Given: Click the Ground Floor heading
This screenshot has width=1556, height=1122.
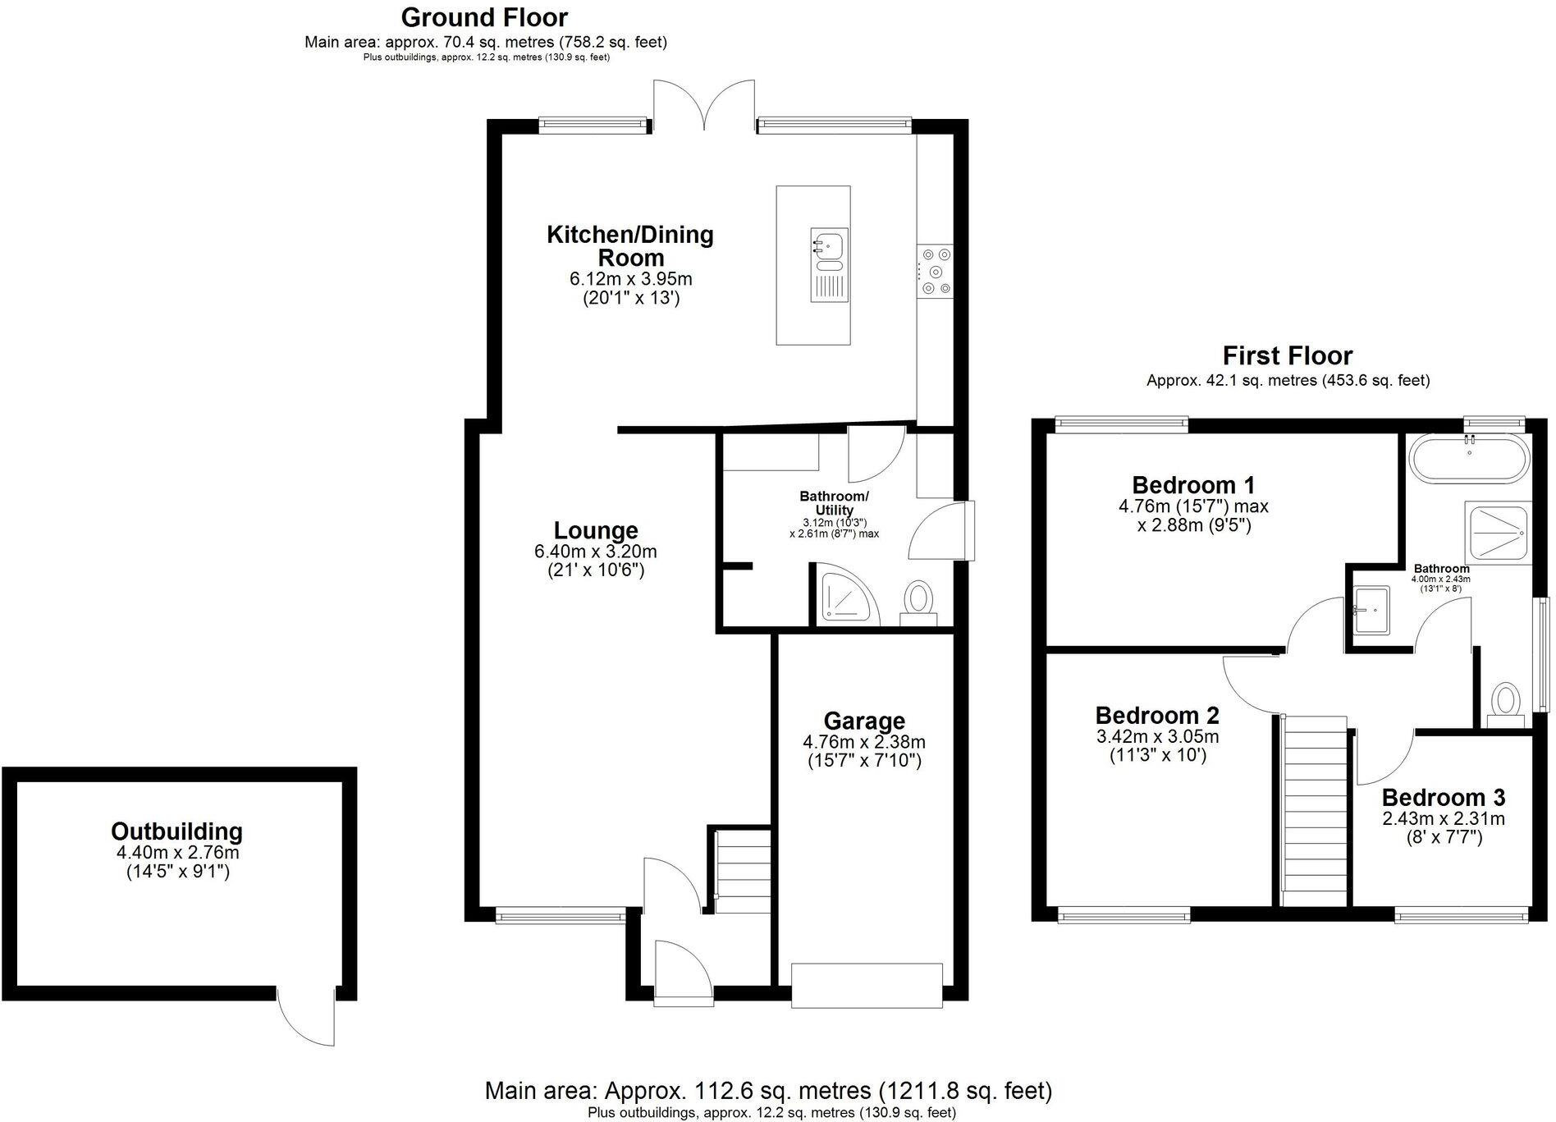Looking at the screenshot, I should point(484,17).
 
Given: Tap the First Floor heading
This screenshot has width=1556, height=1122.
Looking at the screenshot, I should point(1287,356).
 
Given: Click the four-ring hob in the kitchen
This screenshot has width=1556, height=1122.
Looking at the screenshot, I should point(936,271).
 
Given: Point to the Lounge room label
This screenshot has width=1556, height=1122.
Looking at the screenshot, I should point(595,530).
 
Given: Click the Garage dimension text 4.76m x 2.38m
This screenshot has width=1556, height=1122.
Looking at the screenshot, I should point(863,742).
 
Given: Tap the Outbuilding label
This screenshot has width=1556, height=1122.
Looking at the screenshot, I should point(176,831).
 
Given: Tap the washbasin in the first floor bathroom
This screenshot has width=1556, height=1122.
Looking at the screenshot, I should point(1371,610).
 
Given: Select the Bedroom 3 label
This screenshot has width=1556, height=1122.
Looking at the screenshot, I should point(1443,798).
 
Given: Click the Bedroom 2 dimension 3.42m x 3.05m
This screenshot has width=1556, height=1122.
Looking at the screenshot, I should point(1157,736).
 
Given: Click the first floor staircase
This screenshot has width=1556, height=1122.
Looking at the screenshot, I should point(1315,813).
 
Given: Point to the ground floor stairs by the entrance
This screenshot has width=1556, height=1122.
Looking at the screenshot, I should point(742,870).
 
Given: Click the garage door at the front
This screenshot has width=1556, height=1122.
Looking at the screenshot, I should point(866,986).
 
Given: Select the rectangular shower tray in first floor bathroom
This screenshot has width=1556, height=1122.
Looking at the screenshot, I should point(1498,534).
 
